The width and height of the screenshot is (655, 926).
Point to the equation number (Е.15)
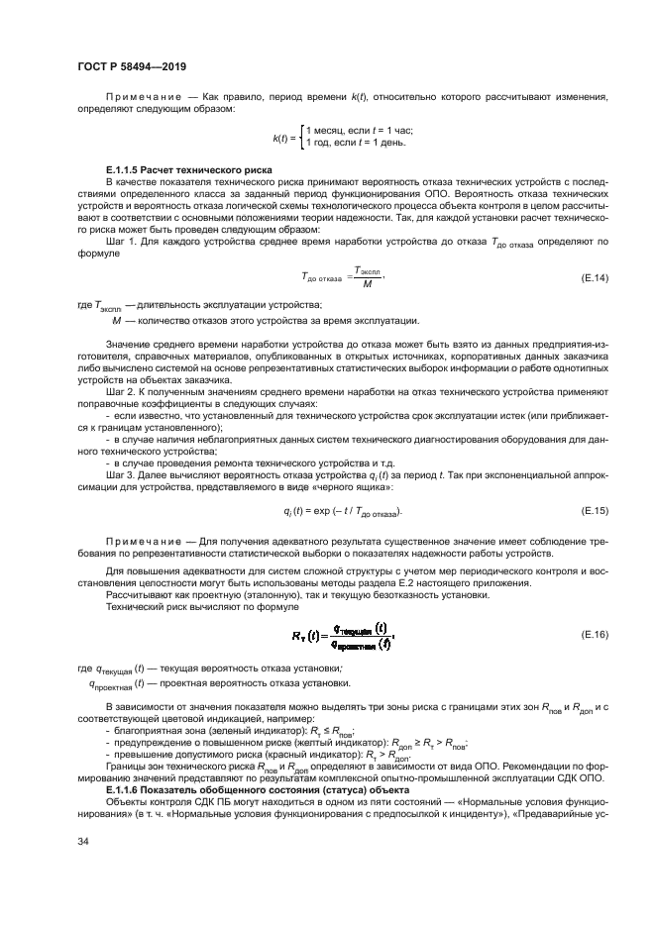click(x=593, y=510)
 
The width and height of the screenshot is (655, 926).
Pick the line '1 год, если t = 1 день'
click(x=356, y=145)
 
